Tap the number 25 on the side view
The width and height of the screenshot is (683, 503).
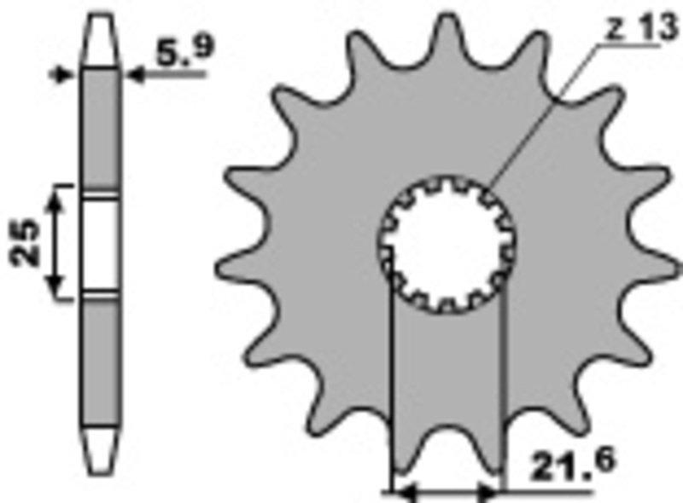click(x=27, y=242)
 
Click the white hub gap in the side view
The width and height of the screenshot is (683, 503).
click(x=102, y=242)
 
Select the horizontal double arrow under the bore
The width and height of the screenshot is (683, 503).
click(x=445, y=491)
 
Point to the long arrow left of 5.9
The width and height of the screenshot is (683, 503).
click(x=166, y=75)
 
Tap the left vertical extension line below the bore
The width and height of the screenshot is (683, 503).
click(x=390, y=384)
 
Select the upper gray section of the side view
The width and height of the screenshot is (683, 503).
click(x=102, y=128)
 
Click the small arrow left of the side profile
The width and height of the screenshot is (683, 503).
click(x=61, y=75)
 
